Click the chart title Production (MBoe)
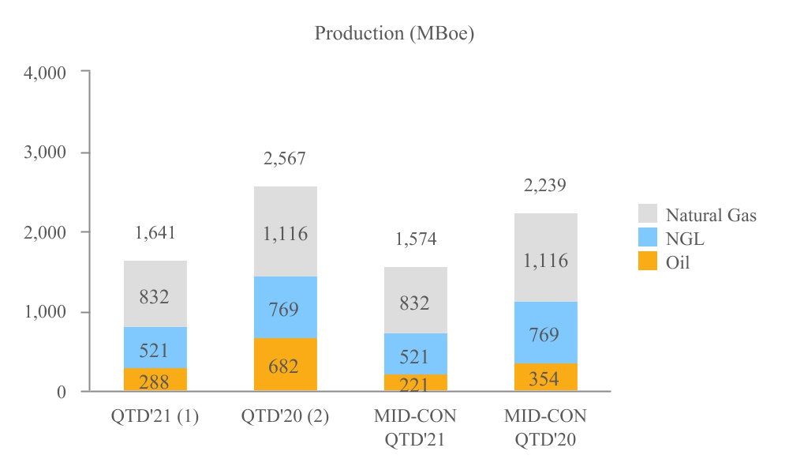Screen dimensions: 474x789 [x=394, y=34]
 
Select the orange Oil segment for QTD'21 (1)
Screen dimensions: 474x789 [x=155, y=380]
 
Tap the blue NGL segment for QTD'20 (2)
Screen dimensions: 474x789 [x=285, y=307]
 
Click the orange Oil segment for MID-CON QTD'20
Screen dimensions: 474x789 [x=545, y=377]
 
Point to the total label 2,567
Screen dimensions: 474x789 [x=285, y=159]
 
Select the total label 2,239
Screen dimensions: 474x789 [x=545, y=186]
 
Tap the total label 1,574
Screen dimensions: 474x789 [x=415, y=239]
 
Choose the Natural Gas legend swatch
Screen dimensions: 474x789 [x=647, y=214]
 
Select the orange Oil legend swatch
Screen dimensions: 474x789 [x=647, y=262]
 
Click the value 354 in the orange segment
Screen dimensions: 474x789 [x=545, y=378]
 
